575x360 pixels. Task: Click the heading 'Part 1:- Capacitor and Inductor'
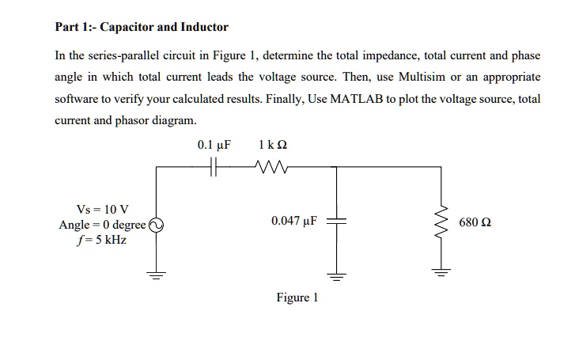[x=141, y=27]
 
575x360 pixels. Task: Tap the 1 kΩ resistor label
[x=272, y=146]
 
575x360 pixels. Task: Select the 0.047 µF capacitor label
[x=293, y=222]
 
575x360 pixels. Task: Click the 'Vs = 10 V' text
[x=96, y=210]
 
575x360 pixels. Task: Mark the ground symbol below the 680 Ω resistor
[x=441, y=275]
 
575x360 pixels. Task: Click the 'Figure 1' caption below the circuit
[x=297, y=297]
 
